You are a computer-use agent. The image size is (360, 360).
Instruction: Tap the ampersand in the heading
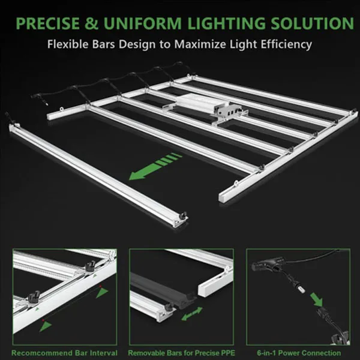[91, 23]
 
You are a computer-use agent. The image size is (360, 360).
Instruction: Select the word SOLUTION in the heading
[312, 23]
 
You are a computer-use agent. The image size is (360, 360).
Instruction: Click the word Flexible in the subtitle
[68, 44]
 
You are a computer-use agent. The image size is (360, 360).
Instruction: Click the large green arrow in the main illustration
[155, 166]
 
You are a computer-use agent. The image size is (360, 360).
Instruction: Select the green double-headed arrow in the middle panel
[192, 314]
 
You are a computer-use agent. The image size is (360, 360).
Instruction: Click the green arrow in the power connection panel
[317, 299]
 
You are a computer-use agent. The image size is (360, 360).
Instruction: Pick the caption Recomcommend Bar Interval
[64, 353]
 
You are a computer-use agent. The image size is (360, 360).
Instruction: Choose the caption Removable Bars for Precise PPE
[181, 353]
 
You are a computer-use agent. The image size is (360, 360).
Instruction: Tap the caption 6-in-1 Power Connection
[299, 353]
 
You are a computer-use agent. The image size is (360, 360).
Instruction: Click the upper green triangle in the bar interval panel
[101, 292]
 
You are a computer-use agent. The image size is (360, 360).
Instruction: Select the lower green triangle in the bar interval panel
[46, 326]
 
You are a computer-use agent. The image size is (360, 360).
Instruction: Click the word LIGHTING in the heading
[226, 23]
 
